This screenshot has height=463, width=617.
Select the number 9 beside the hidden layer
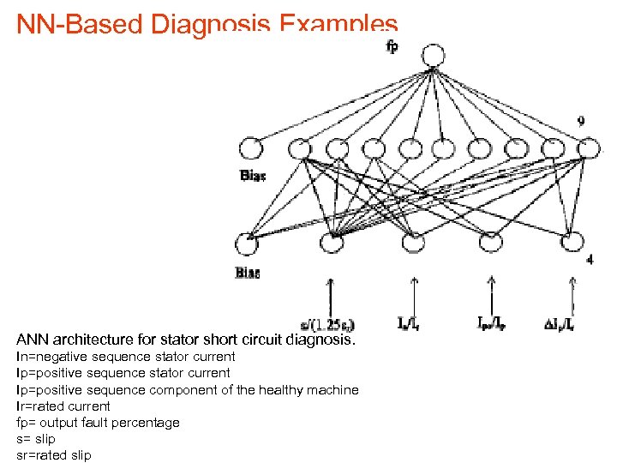582,122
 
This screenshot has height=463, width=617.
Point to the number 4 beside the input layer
590,258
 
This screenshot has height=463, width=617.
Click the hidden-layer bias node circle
251,149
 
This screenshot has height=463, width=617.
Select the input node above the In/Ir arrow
413,244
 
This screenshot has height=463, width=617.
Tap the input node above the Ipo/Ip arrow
489,244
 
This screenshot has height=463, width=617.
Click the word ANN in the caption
34,339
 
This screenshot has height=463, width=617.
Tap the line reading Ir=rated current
63,406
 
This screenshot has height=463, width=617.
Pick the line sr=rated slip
53,454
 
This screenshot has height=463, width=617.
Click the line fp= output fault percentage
98,422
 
